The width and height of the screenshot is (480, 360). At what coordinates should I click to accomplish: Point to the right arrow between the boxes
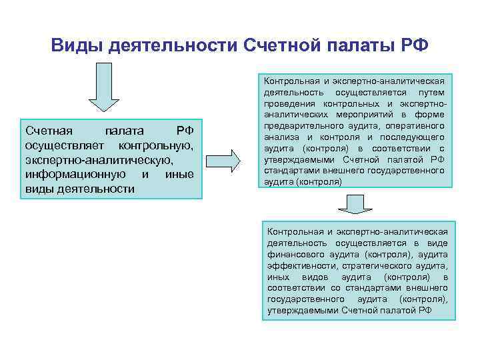[229, 161]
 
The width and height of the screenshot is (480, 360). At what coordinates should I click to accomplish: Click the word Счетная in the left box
[49, 131]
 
